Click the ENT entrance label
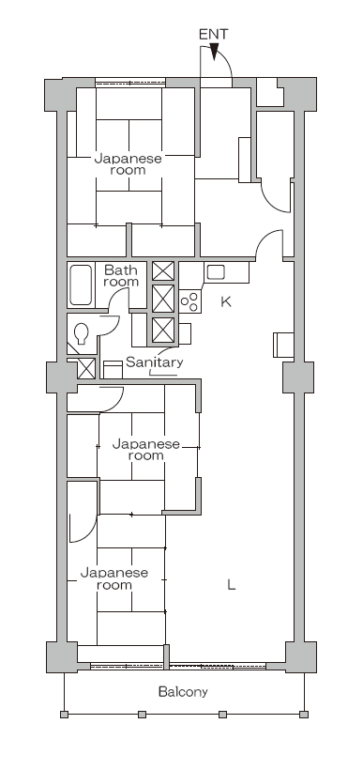(x=213, y=35)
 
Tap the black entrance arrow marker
(x=214, y=52)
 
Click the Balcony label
(x=183, y=692)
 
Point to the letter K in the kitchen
(x=226, y=301)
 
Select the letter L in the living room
(x=232, y=584)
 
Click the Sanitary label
(x=154, y=362)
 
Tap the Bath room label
(x=121, y=276)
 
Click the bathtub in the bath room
(x=81, y=285)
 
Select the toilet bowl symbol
(x=82, y=333)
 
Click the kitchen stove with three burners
(x=189, y=301)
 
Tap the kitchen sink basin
(x=216, y=272)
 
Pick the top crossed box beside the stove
(x=163, y=271)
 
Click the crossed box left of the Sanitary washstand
(x=87, y=368)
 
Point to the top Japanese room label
(x=128, y=164)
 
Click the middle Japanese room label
(x=146, y=450)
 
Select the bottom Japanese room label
(x=114, y=579)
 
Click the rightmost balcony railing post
(x=304, y=715)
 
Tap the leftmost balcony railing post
(x=65, y=715)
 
